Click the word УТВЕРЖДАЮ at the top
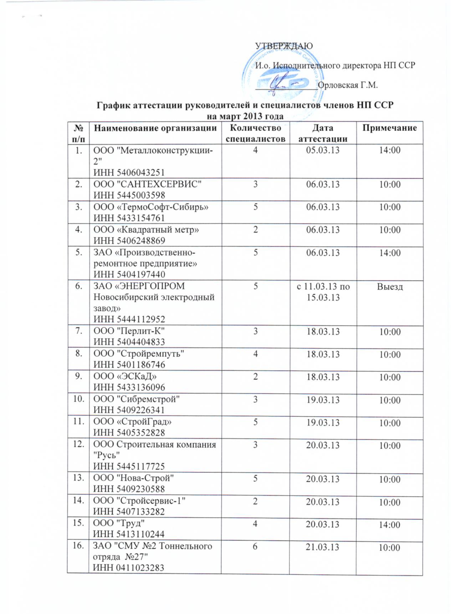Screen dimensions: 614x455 coord(284,46)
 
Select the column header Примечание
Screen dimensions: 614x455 coord(389,128)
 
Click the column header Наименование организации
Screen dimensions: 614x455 coord(155,128)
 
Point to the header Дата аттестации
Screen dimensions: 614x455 coord(323,133)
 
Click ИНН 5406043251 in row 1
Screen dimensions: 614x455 coord(129,172)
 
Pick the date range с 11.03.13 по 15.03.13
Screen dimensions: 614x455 coord(323,292)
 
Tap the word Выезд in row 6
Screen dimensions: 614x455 coord(390,286)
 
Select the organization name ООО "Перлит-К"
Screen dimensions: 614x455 coord(129,331)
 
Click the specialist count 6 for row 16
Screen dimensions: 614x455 coord(255,547)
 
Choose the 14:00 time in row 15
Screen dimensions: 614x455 coord(389,525)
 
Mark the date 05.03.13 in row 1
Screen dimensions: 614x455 coord(323,150)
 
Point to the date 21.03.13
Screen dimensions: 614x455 coord(323,547)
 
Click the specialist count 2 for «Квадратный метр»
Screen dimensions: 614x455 coord(255,230)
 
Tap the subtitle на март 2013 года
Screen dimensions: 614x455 coord(245,116)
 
